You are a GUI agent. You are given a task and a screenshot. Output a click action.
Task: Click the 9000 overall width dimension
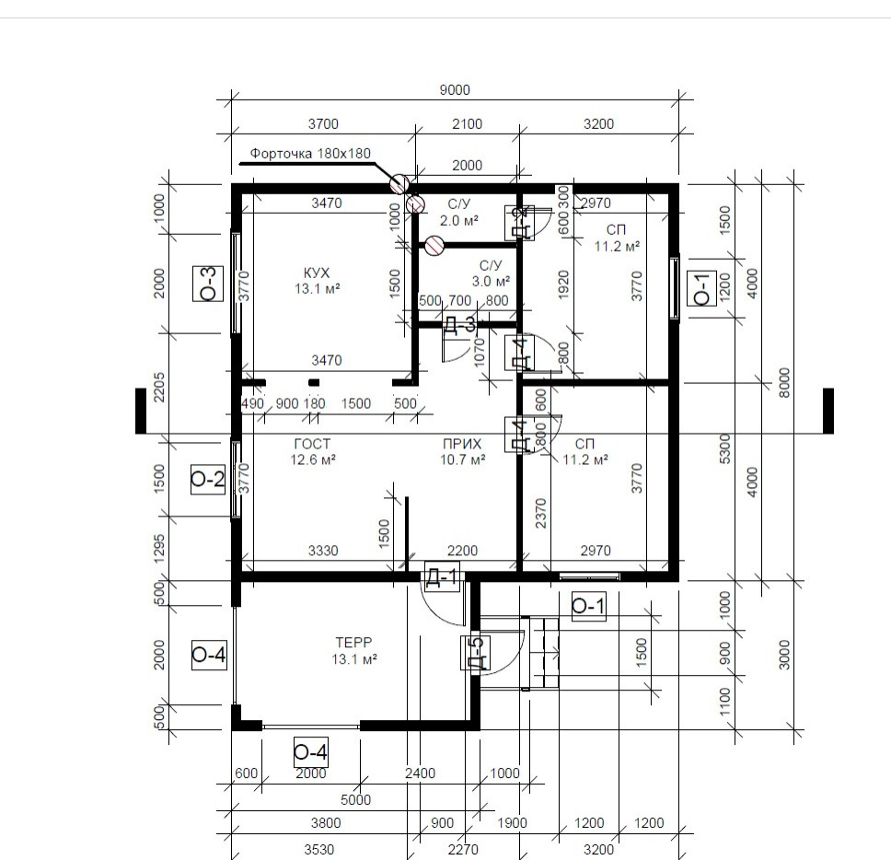455,90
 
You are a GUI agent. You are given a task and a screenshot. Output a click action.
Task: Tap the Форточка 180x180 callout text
310,154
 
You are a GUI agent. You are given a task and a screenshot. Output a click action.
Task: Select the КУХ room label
317,273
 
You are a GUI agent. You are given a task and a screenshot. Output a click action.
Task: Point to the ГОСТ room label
312,444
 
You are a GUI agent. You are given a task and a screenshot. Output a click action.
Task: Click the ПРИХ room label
462,444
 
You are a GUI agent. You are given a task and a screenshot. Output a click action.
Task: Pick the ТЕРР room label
353,643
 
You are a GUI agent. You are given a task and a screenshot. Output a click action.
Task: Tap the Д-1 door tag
442,577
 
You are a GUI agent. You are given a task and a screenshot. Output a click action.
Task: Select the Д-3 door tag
459,324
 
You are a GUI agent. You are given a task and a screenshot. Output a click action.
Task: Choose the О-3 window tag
208,283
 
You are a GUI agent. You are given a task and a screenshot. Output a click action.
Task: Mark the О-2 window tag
208,479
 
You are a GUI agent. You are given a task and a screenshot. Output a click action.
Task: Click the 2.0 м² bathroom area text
459,221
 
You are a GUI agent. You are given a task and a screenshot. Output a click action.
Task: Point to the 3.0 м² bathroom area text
491,282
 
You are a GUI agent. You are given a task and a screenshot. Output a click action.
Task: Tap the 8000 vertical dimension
784,382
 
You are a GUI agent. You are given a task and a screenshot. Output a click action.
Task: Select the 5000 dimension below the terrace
355,800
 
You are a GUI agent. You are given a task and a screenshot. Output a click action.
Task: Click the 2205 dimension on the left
159,387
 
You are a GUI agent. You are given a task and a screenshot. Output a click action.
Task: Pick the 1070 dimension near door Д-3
479,353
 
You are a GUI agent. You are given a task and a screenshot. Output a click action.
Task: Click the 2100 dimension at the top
467,124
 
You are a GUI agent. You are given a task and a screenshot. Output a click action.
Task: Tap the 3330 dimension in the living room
323,551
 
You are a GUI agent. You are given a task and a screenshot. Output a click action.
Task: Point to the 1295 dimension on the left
159,548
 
